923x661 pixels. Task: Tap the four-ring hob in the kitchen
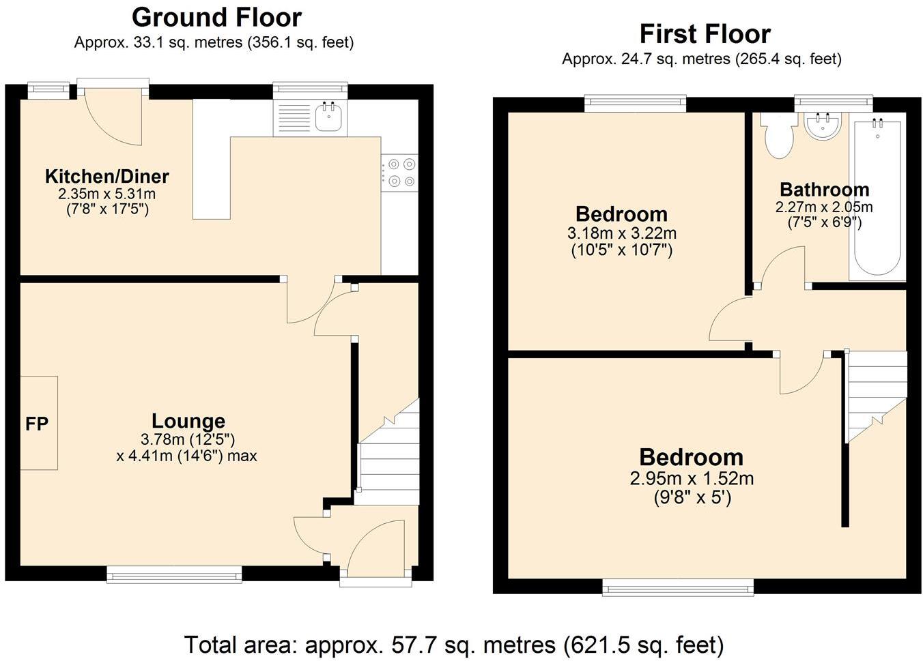399,173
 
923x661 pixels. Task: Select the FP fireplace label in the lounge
37,424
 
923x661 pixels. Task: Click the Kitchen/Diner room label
106,177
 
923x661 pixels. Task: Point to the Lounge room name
188,421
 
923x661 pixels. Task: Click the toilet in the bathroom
778,136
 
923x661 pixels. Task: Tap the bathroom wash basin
823,127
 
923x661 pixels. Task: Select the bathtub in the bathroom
877,198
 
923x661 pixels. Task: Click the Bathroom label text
824,189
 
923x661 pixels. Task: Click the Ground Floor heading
216,17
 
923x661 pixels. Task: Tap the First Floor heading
705,33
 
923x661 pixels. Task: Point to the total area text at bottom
453,644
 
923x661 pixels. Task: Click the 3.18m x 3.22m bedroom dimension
621,233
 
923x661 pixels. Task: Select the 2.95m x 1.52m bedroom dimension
691,479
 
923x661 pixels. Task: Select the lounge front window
174,575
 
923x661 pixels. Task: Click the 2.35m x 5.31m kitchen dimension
106,194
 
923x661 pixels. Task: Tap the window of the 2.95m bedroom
678,587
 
